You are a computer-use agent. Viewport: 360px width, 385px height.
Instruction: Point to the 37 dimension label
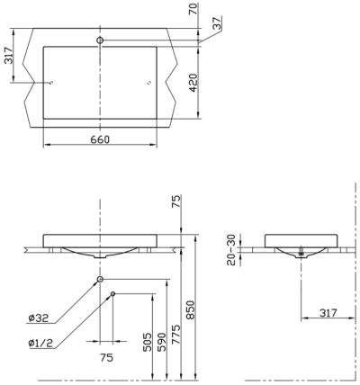click(216, 25)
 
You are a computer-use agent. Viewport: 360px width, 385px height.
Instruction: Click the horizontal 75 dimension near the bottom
click(106, 356)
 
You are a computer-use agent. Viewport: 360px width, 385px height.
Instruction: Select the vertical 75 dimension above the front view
click(176, 202)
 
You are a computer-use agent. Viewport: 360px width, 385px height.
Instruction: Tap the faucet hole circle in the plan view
click(101, 40)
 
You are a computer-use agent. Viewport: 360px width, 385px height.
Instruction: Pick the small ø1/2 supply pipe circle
click(112, 293)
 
